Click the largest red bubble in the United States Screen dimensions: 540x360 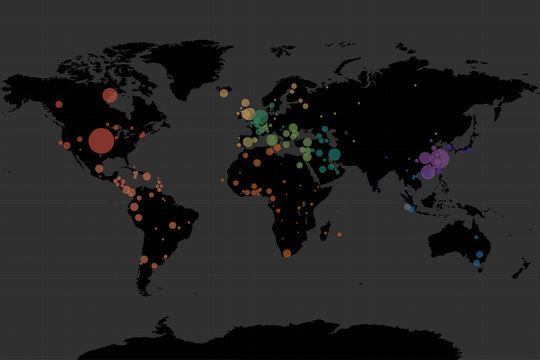101,141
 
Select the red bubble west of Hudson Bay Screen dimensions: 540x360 110,96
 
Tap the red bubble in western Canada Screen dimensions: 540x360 59,104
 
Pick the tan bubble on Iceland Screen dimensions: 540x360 224,93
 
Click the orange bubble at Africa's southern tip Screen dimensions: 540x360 287,253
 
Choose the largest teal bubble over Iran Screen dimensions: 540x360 334,154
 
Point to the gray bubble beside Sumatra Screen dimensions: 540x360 410,208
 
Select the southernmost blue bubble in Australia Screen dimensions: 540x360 477,264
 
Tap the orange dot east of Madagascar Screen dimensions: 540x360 339,234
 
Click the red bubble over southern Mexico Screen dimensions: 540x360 99,169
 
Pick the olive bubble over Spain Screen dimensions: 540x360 249,142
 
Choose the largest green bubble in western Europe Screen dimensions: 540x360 261,119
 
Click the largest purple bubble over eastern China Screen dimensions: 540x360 440,158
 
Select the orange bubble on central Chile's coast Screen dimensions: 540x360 144,259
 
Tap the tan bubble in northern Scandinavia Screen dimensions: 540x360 293,87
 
